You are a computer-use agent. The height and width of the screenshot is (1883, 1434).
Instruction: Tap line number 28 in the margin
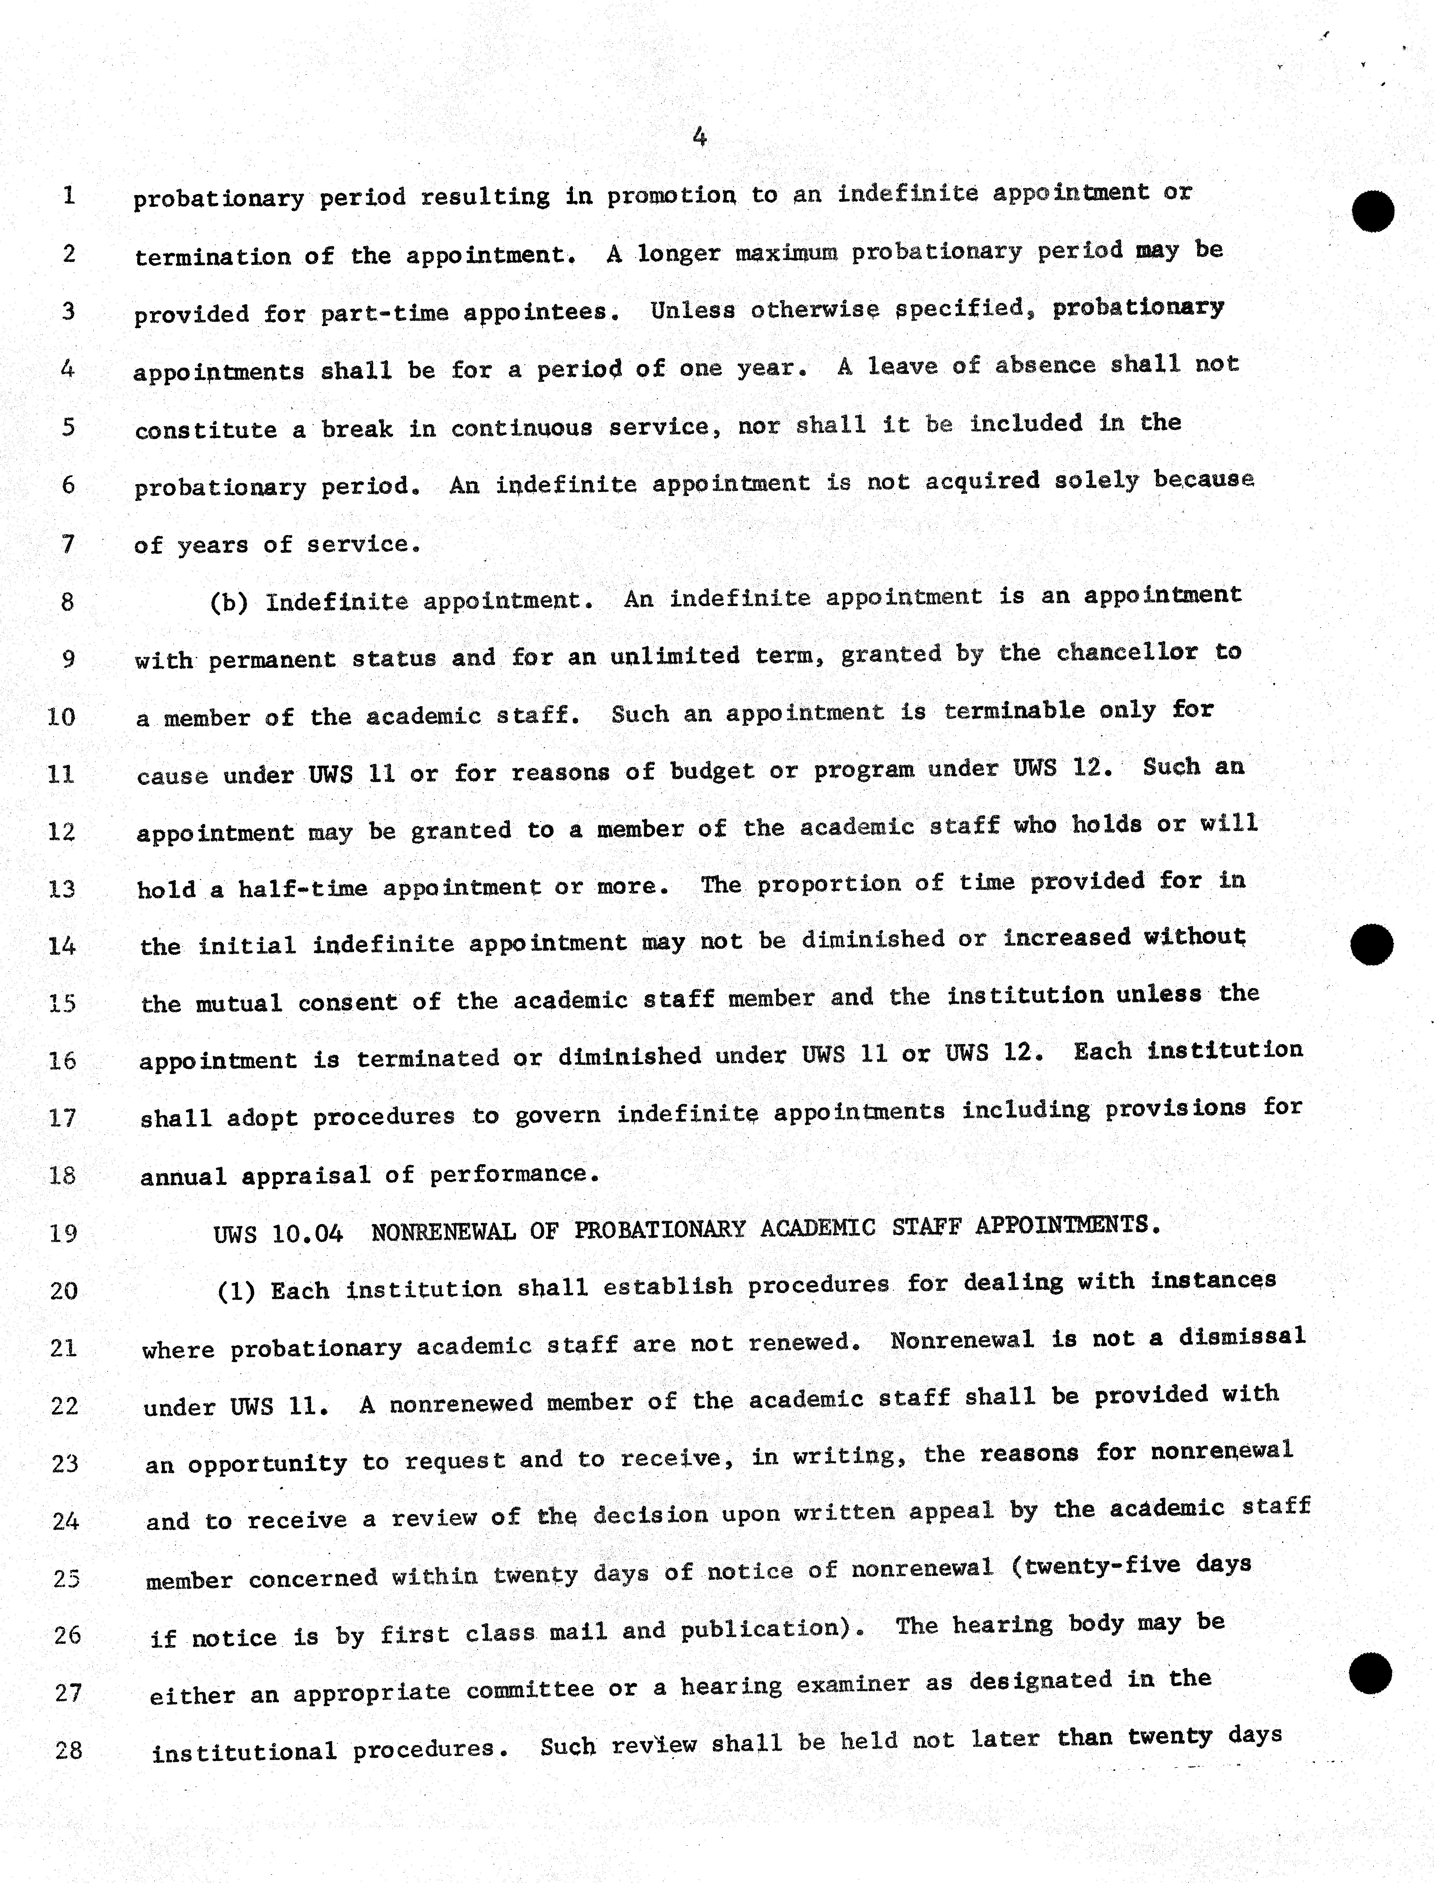point(68,1750)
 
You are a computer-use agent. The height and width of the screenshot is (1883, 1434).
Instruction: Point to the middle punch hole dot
point(1373,944)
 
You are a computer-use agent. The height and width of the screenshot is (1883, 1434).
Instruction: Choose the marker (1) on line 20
point(236,1290)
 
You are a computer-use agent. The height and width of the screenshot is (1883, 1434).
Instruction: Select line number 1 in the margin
point(68,195)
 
